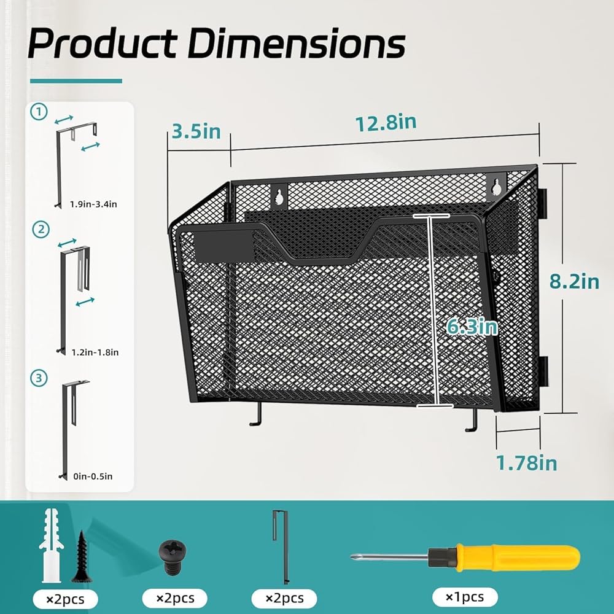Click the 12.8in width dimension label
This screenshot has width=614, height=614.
(386, 123)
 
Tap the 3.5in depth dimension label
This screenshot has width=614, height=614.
(196, 131)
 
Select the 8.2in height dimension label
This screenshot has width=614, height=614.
(574, 281)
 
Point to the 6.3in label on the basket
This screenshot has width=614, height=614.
(472, 326)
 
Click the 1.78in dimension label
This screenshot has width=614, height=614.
(526, 463)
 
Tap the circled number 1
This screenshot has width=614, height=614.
(39, 112)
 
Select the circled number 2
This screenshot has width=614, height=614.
(41, 230)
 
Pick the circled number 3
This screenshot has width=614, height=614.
(39, 378)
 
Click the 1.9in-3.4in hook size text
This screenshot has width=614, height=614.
(93, 204)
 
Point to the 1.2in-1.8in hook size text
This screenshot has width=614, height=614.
(95, 352)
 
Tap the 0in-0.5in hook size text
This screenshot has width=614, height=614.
(93, 476)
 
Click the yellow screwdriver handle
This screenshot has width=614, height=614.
(516, 558)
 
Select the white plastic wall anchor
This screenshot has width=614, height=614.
(51, 545)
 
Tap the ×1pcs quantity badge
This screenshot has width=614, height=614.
(465, 597)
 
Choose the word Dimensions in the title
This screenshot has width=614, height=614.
(297, 43)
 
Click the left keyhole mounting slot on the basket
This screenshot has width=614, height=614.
(279, 196)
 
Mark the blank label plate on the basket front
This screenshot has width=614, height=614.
(224, 246)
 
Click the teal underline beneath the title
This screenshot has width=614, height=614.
(76, 81)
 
